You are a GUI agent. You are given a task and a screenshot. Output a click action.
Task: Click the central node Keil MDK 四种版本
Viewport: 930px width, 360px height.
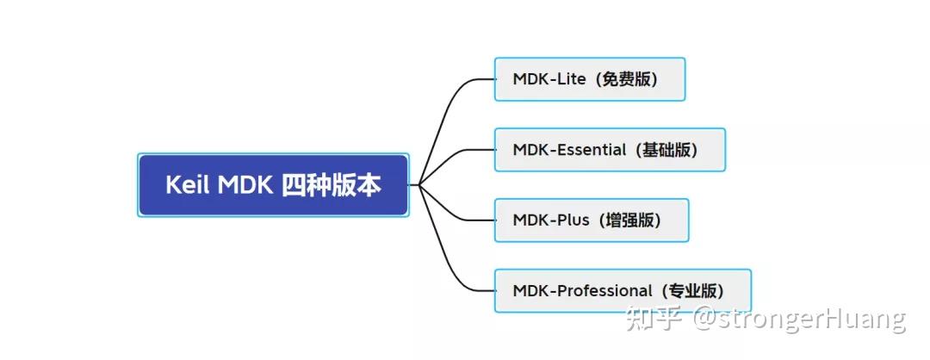pos(273,185)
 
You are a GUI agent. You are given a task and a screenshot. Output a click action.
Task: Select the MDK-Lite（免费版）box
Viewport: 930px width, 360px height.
pos(590,79)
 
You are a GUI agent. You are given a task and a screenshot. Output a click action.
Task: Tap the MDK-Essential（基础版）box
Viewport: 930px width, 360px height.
pos(610,150)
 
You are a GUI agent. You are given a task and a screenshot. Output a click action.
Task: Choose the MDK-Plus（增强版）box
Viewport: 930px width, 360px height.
pos(592,220)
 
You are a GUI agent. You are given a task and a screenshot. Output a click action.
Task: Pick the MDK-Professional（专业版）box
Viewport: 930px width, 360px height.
pos(623,291)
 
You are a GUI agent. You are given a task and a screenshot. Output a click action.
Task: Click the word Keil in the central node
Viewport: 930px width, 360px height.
pos(188,185)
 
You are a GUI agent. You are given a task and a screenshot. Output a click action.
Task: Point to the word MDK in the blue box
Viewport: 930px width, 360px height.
pos(245,185)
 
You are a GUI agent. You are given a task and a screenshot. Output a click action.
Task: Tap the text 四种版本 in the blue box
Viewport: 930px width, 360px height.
pos(332,185)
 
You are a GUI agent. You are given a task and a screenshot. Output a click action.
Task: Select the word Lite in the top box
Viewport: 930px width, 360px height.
pos(571,79)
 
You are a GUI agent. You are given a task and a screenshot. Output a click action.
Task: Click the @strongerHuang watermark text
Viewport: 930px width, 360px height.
pos(800,320)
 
